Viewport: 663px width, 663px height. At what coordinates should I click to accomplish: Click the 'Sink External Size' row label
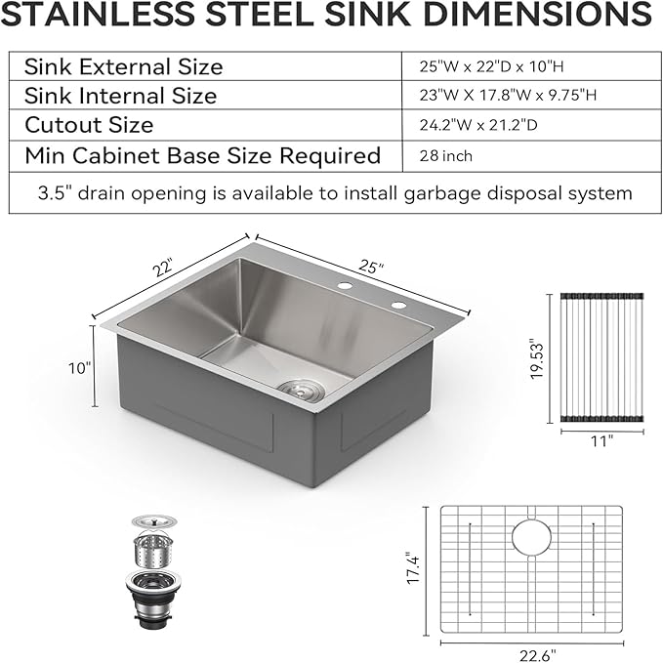[123, 67]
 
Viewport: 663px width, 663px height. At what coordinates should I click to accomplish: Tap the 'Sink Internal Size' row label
[120, 96]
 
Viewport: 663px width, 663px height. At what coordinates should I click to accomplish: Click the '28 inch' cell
[446, 155]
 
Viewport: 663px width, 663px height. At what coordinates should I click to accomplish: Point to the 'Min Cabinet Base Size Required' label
[202, 155]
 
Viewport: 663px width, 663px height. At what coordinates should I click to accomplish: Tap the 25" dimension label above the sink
[370, 266]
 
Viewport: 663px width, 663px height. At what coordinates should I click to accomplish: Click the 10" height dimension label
[80, 367]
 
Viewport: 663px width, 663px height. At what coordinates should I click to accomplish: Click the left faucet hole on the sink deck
[344, 285]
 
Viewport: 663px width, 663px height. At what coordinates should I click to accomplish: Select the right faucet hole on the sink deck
[398, 307]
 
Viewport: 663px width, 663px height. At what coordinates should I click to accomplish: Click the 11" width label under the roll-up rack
[601, 441]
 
